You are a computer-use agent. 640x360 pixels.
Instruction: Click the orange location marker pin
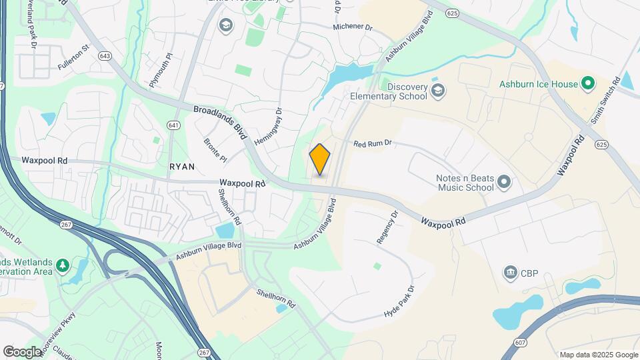pos(320,159)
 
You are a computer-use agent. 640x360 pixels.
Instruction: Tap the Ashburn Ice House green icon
pos(587,84)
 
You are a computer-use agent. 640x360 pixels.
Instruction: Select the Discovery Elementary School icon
pos(437,91)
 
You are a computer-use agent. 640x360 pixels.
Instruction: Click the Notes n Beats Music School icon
pos(504,181)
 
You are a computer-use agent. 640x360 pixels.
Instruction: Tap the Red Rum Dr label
pos(372,143)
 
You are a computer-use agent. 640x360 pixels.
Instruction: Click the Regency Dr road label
pos(387,227)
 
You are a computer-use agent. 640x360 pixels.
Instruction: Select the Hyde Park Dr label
pos(399,302)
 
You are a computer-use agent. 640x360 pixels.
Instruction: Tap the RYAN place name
pos(182,167)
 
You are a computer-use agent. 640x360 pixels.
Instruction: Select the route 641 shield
pos(173,125)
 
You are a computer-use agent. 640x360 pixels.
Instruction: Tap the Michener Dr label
pos(353,27)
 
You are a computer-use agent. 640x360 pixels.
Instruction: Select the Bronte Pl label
pos(215,149)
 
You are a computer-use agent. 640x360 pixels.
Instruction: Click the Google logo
pos(23,351)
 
